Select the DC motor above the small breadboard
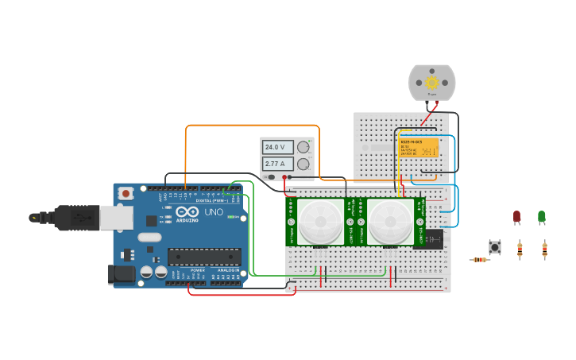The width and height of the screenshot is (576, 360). [432, 83]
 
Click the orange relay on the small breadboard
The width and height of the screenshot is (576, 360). [419, 148]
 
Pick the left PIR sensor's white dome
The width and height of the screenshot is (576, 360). [322, 222]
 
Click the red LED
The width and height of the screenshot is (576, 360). [516, 216]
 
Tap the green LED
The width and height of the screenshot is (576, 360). [542, 216]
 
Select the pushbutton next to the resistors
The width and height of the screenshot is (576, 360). [495, 247]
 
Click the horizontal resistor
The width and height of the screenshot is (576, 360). [479, 260]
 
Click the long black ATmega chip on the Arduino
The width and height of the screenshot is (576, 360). [203, 257]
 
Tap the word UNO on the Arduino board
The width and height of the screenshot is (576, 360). [214, 212]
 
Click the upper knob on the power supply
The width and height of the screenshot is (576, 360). [302, 147]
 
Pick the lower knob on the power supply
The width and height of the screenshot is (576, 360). [302, 164]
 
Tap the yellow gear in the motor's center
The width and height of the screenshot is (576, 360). [432, 82]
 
